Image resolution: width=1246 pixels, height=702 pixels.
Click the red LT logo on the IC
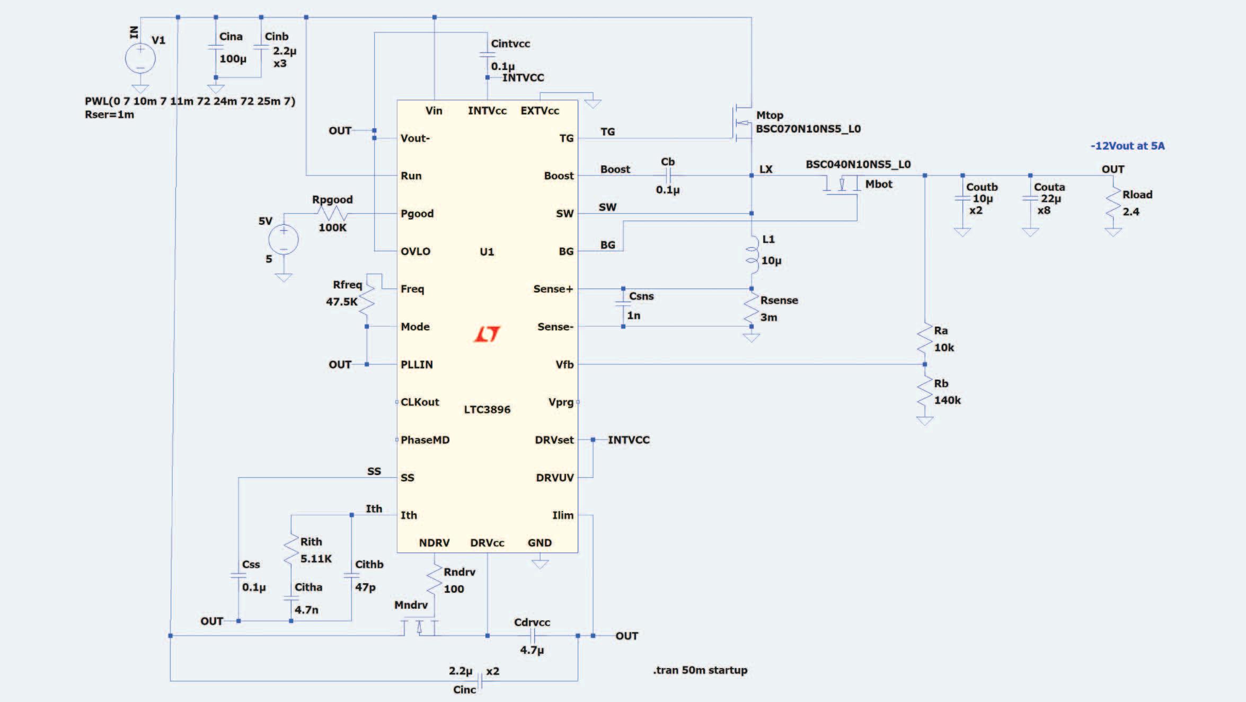(x=487, y=334)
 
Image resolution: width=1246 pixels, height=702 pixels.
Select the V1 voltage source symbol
(x=140, y=58)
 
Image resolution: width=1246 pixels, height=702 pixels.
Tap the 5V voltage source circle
(x=284, y=240)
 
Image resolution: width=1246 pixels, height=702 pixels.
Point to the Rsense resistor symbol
(x=752, y=308)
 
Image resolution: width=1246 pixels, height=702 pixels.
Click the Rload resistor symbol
(x=1114, y=204)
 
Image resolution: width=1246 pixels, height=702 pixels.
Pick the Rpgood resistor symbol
(x=332, y=214)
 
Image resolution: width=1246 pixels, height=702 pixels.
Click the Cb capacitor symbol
(x=668, y=175)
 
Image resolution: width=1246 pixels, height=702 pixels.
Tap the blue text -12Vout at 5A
(x=1127, y=146)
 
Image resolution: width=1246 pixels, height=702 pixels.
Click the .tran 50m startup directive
(x=700, y=670)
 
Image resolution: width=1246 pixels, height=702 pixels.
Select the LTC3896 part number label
(x=487, y=409)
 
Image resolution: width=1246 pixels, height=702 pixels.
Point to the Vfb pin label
(x=564, y=364)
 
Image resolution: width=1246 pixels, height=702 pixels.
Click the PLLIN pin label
(x=417, y=364)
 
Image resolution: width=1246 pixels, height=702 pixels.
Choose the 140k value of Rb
(x=947, y=400)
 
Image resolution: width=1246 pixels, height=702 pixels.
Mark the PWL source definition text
(x=190, y=101)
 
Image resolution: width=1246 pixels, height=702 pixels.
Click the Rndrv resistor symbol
(x=435, y=580)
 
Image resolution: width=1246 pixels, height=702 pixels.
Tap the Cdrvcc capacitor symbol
(x=533, y=636)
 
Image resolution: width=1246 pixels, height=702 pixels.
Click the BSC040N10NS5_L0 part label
(x=858, y=164)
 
